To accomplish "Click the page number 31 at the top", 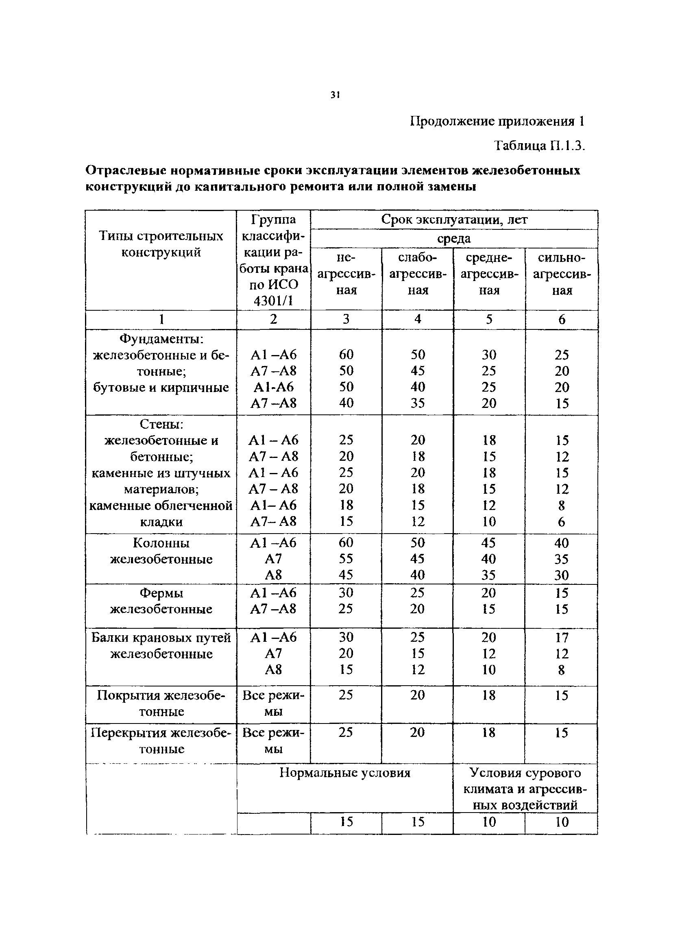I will tap(335, 95).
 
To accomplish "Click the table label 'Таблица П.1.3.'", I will tap(540, 146).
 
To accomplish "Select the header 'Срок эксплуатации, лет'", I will tap(454, 219).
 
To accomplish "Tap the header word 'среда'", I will tap(453, 239).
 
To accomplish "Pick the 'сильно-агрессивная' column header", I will tap(561, 274).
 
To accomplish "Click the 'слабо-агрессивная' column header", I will tap(418, 274).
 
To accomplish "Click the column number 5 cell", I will tap(489, 319).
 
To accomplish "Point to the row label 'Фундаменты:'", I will tap(161, 339).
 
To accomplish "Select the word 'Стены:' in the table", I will tap(161, 424).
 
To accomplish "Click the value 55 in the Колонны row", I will tap(346, 559).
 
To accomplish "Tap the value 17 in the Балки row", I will tap(561, 637).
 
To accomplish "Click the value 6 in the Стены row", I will tap(561, 522).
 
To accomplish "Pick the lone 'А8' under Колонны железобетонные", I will tap(273, 575).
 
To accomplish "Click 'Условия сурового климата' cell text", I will tap(525, 789).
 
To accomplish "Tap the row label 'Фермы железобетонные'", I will tap(161, 601).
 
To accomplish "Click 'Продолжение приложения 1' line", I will tap(497, 121).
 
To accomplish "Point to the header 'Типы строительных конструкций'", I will tap(161, 244).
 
